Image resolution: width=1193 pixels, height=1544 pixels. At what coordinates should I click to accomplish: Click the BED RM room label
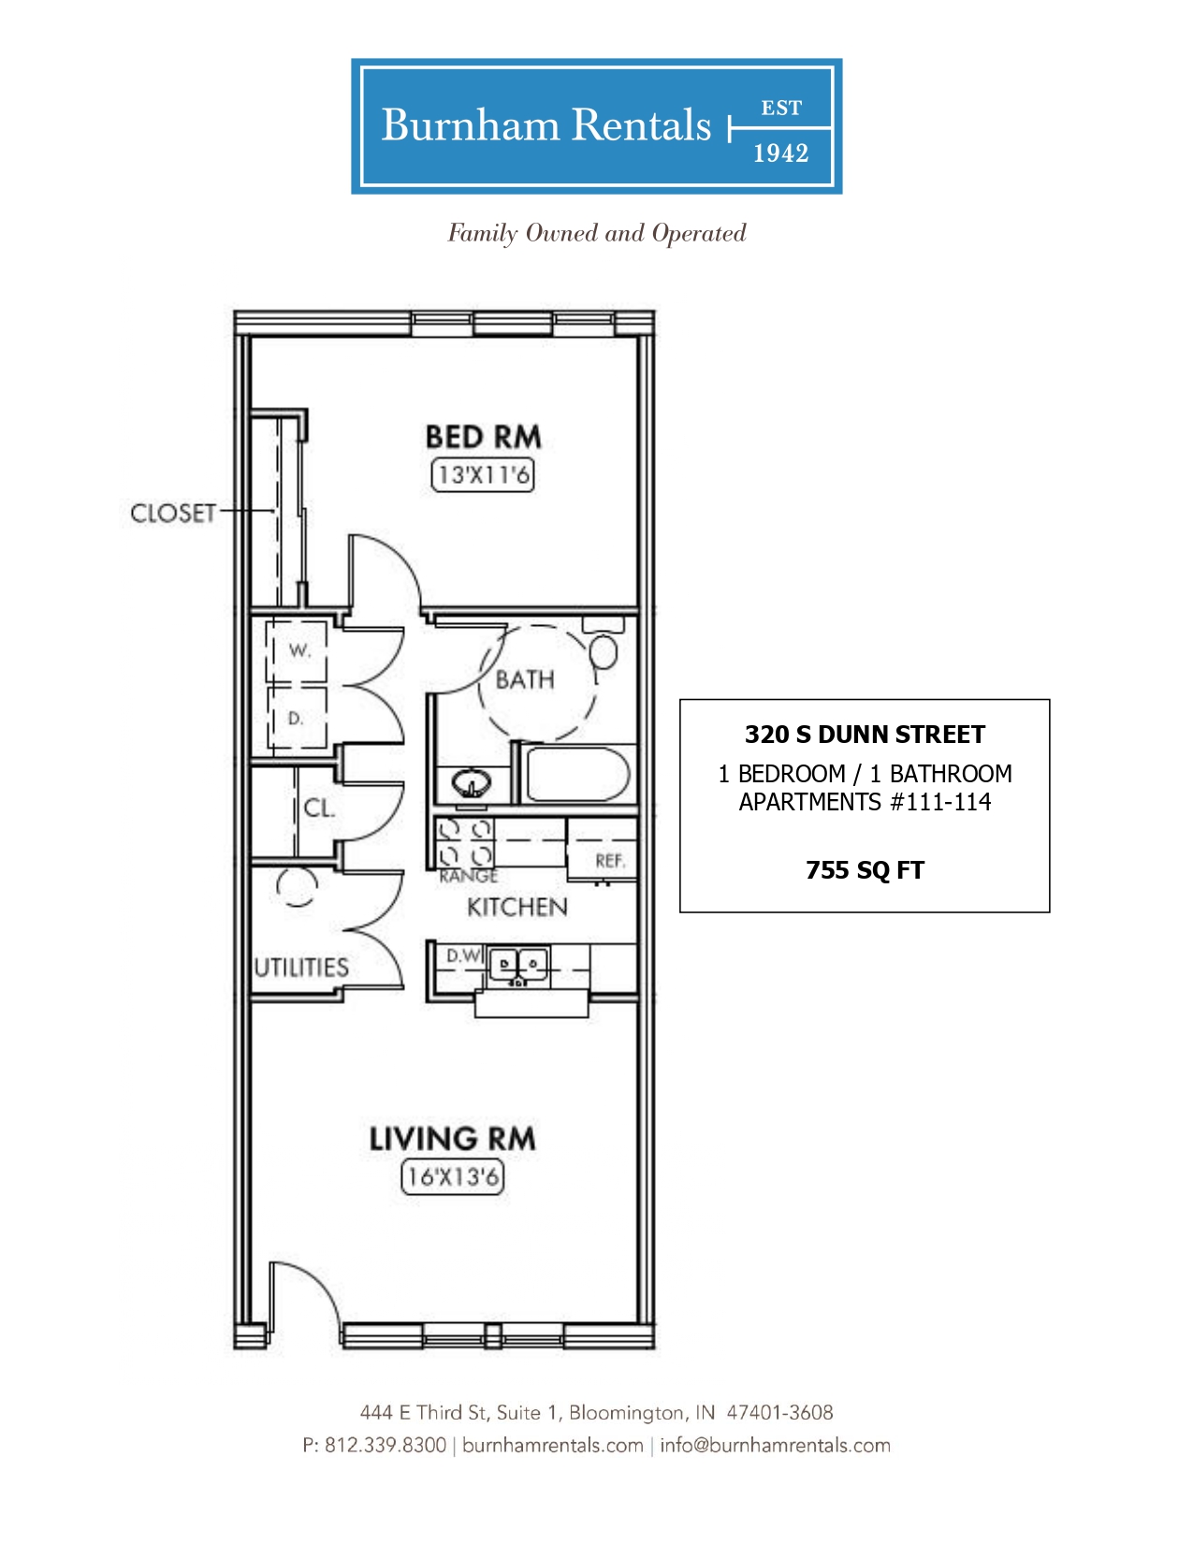coord(483,437)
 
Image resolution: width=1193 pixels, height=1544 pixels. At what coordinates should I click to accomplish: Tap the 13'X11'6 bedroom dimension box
coord(483,474)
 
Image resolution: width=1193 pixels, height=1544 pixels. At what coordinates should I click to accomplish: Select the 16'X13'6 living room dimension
coord(453,1177)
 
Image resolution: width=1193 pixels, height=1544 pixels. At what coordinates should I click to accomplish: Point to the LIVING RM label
coord(453,1139)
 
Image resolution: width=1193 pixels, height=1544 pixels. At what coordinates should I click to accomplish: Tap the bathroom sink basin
coord(471,784)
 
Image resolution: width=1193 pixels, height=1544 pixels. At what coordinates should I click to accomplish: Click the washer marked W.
coord(297,652)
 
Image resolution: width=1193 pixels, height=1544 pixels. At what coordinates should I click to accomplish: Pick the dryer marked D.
coord(297,719)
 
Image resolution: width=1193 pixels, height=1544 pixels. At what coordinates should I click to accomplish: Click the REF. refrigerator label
coord(610,861)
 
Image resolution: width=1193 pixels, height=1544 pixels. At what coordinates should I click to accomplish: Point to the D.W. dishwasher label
coord(464,956)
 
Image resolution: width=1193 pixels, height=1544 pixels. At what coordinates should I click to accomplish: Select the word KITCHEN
coord(517,908)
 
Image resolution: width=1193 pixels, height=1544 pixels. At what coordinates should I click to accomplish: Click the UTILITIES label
coord(301,968)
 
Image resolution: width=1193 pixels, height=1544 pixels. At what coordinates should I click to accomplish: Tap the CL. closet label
coord(319,808)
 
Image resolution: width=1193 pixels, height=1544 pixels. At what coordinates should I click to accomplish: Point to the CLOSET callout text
coord(173,514)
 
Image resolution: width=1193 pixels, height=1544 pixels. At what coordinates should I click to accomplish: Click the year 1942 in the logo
coord(781,153)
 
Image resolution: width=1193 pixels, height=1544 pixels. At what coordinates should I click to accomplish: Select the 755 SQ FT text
coord(865,870)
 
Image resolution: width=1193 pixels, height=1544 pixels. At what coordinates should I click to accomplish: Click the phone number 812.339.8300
coord(386,1445)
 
